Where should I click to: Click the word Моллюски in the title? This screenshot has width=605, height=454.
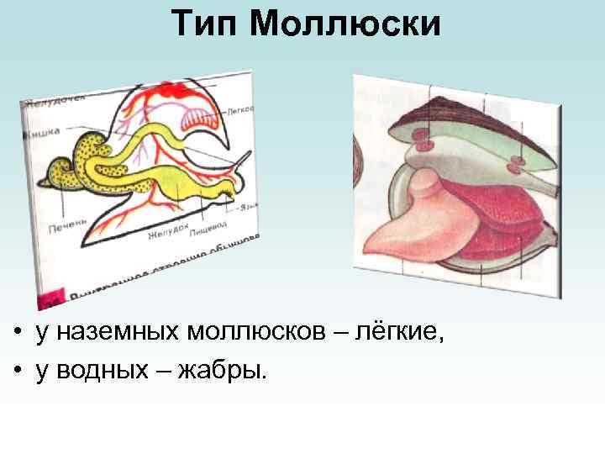345,24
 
